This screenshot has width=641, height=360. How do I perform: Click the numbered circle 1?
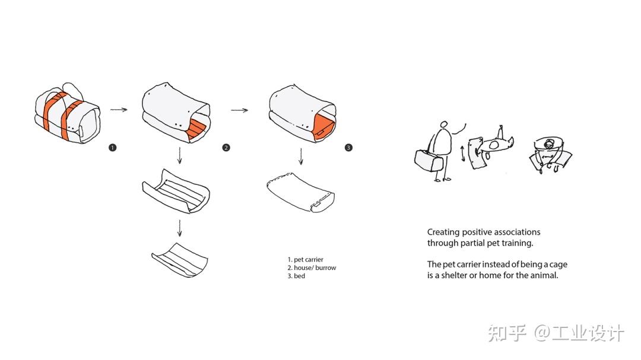click(112, 148)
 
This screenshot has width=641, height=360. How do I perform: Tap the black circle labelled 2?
click(226, 148)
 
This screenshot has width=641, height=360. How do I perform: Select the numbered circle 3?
click(348, 148)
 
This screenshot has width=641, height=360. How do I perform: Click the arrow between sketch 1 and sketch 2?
click(119, 110)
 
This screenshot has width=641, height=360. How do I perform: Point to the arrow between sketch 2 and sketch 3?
click(240, 110)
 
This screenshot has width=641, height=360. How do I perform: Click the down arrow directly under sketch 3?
click(301, 157)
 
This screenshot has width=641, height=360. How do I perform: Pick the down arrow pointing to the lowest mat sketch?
click(179, 228)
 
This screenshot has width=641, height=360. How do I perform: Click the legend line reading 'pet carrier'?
click(306, 260)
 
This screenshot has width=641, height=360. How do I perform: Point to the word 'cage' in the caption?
click(558, 265)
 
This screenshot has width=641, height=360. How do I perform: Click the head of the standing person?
click(443, 124)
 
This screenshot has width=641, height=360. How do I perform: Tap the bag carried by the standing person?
click(429, 160)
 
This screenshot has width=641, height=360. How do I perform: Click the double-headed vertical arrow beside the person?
click(463, 154)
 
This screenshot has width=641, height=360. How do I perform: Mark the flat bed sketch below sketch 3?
click(300, 192)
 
